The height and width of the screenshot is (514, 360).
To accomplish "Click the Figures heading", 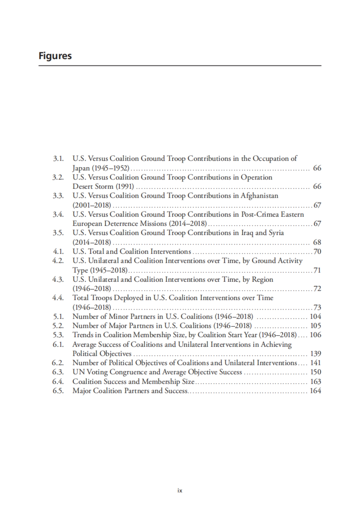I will pyautogui.click(x=55, y=56).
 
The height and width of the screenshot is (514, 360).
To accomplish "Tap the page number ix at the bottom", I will pyautogui.click(x=180, y=491).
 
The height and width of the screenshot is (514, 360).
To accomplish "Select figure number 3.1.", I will pyautogui.click(x=58, y=159).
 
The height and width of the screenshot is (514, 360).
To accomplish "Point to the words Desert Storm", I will pyautogui.click(x=93, y=186).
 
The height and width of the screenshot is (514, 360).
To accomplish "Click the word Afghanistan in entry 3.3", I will pyautogui.click(x=259, y=196).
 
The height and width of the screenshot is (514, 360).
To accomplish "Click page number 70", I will pyautogui.click(x=317, y=251).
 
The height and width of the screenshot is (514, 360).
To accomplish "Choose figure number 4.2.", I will pyautogui.click(x=58, y=261).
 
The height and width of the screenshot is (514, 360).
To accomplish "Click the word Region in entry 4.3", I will pyautogui.click(x=262, y=280).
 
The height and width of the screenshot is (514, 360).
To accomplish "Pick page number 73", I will pyautogui.click(x=317, y=307).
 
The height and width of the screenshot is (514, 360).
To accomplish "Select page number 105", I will pyautogui.click(x=315, y=326).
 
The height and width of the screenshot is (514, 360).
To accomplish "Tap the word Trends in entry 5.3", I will pyautogui.click(x=82, y=335).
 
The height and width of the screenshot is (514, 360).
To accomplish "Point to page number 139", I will pyautogui.click(x=315, y=354).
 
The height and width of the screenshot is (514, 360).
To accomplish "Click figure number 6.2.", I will pyautogui.click(x=58, y=363).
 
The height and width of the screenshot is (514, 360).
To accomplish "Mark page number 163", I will pyautogui.click(x=315, y=382).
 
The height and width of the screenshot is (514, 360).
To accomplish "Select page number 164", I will pyautogui.click(x=315, y=391).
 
